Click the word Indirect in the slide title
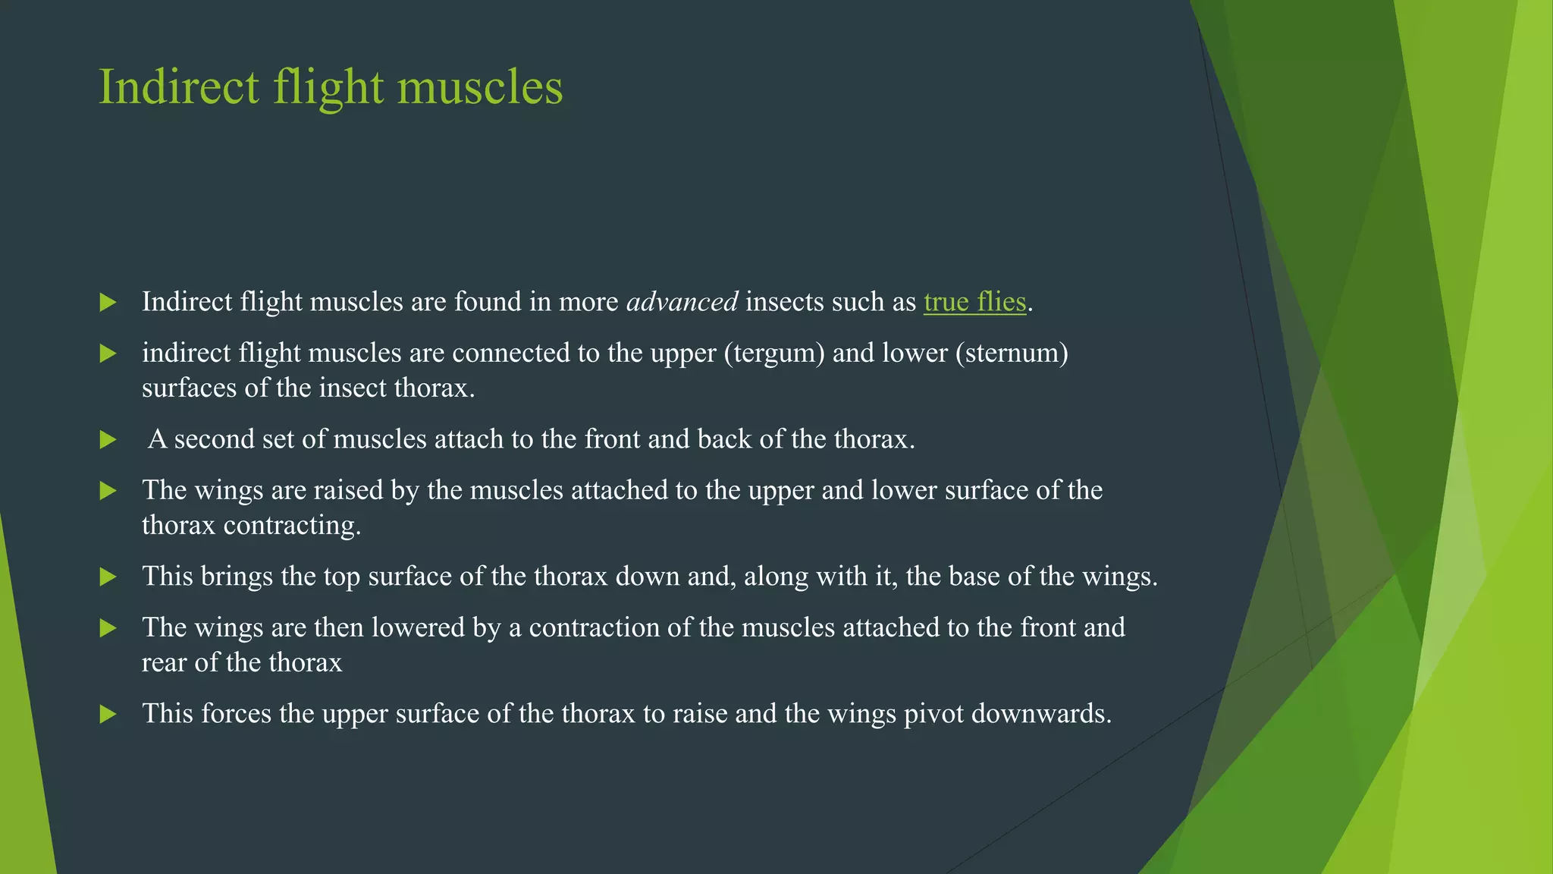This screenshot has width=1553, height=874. [x=179, y=86]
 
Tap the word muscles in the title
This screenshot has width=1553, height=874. [x=480, y=86]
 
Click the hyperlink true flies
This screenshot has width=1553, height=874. [x=974, y=302]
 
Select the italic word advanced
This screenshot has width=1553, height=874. [x=682, y=302]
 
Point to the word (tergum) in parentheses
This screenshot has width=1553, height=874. [x=773, y=353]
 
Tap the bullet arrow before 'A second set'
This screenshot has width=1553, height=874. [x=108, y=440]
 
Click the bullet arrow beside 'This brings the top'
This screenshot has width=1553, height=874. [x=108, y=577]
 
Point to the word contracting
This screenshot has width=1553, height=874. [x=292, y=525]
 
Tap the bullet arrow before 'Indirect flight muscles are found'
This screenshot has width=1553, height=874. [x=108, y=303]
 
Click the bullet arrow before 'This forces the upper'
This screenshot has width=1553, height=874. [x=108, y=715]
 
